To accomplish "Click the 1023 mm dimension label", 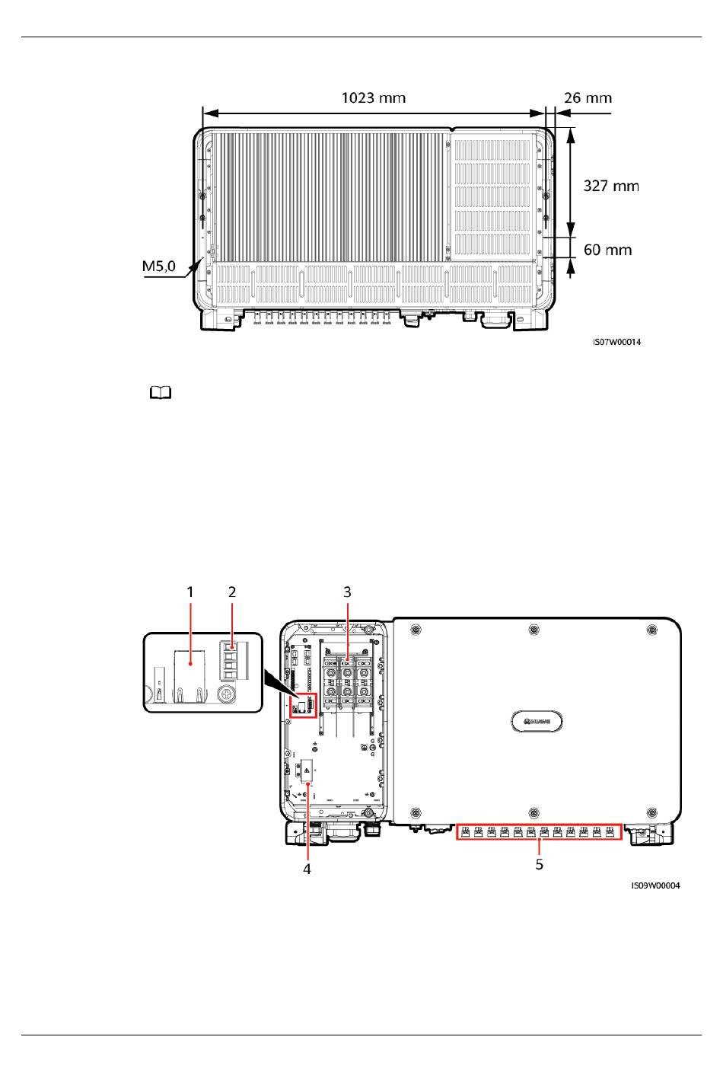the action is click(373, 98).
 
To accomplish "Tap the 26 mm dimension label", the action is click(588, 98).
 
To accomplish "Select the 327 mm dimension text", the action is click(611, 186).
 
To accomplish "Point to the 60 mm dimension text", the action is click(607, 250).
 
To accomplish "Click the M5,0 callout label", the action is click(159, 266).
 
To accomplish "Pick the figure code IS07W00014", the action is click(616, 342).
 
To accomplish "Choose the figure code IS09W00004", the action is click(655, 885).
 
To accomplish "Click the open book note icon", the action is click(161, 393).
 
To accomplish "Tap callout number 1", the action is click(190, 592).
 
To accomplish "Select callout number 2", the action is click(232, 592).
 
